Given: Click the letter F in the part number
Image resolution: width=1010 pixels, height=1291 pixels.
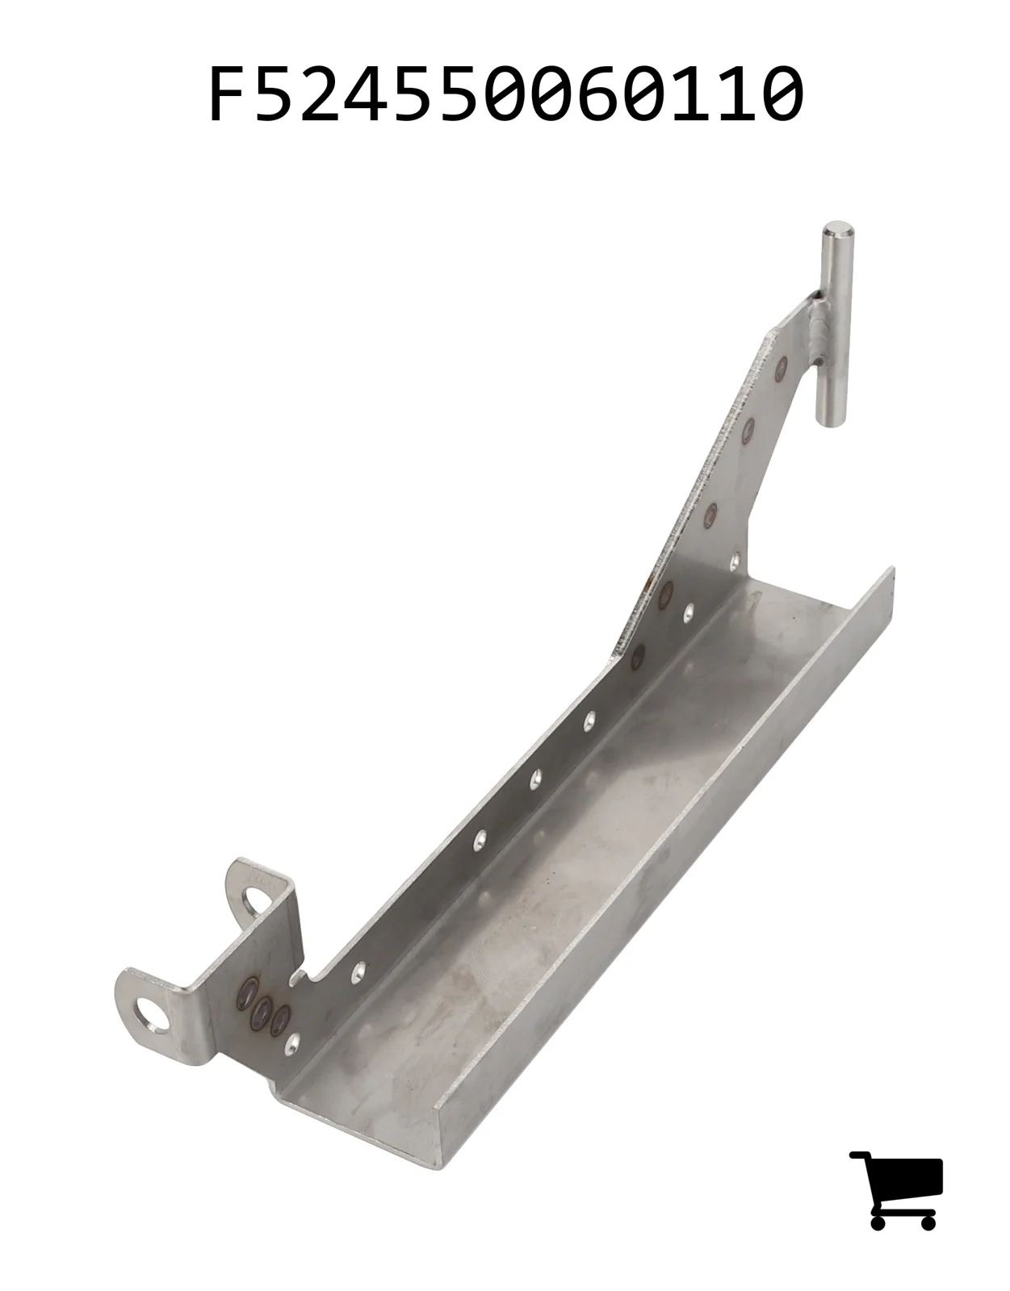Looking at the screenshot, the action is click(229, 94).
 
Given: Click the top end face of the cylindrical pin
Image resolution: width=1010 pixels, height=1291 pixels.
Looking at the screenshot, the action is click(838, 229).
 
